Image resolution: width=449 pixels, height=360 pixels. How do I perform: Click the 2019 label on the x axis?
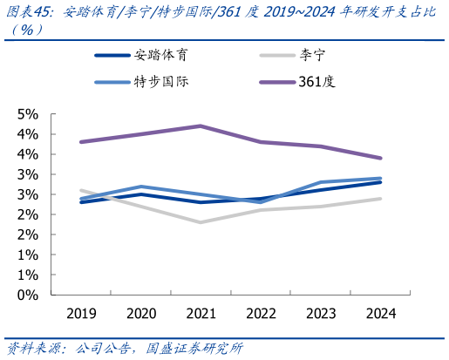(80, 313)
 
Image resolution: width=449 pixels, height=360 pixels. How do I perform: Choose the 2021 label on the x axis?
(201, 313)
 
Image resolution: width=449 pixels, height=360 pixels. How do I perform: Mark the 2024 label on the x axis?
(380, 313)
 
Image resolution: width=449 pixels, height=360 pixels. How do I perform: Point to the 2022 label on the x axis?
(261, 313)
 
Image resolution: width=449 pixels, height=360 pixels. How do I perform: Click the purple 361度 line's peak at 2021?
(201, 126)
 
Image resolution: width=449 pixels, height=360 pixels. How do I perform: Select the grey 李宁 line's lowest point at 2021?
(201, 222)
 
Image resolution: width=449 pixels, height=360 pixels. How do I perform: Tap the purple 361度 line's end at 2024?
(380, 158)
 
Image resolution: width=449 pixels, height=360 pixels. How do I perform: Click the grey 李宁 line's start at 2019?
(80, 190)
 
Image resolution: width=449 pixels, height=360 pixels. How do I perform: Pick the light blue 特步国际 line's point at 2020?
(140, 187)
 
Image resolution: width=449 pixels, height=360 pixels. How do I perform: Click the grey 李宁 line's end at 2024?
(380, 199)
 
